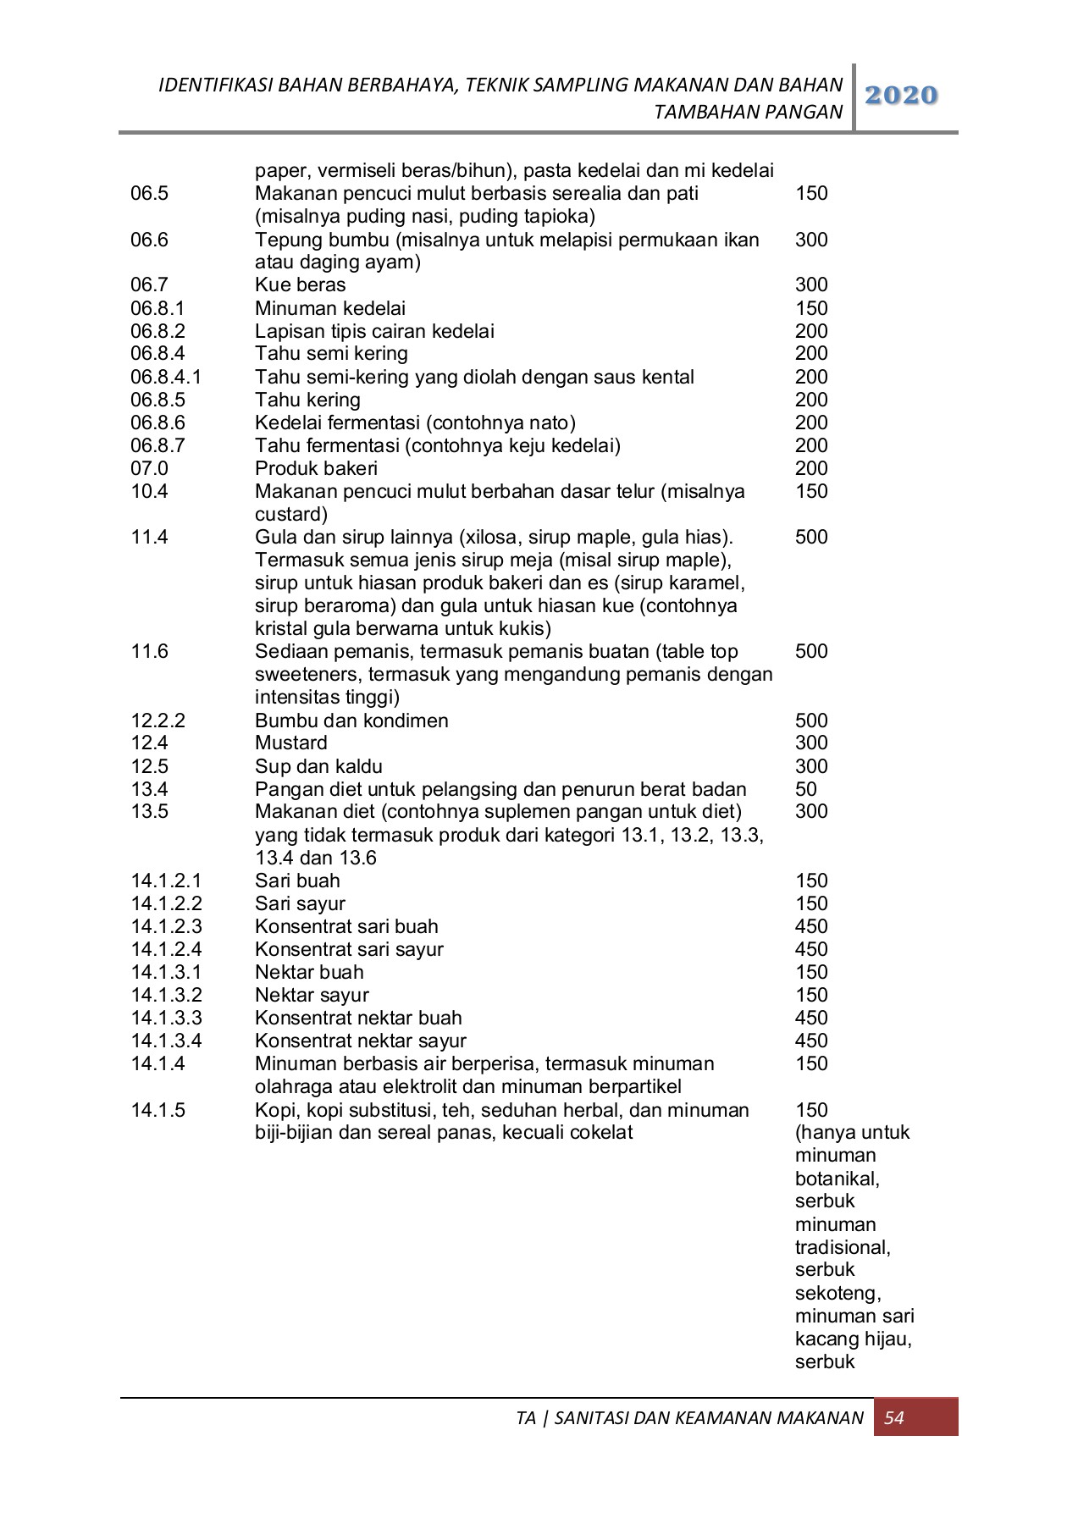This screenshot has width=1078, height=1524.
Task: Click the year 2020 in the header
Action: (x=902, y=96)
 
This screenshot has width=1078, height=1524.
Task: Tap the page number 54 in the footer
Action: (x=894, y=1417)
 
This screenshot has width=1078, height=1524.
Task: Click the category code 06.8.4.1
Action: (x=166, y=377)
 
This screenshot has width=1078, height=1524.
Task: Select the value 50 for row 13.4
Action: (x=806, y=789)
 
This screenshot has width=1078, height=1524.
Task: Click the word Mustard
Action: (x=290, y=743)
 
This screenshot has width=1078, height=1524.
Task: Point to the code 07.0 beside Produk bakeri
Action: (x=149, y=468)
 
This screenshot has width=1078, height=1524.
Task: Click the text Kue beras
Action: (x=300, y=285)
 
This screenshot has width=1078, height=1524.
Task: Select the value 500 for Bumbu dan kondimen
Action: (x=811, y=721)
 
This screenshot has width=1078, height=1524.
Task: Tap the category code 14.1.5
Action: (x=158, y=1109)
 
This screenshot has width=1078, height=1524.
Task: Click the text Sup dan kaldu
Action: (x=318, y=766)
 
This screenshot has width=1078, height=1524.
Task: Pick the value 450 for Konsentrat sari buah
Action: (x=811, y=926)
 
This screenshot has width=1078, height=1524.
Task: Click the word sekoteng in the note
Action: (x=838, y=1293)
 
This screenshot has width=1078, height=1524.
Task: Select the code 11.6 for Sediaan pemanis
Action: (x=149, y=651)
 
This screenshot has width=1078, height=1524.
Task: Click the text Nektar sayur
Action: (x=312, y=995)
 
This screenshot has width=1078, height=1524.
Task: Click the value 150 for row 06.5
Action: (x=811, y=193)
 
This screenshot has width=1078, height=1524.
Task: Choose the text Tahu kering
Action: (x=307, y=400)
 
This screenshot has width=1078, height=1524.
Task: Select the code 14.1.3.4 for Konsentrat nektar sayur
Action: (x=166, y=1041)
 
